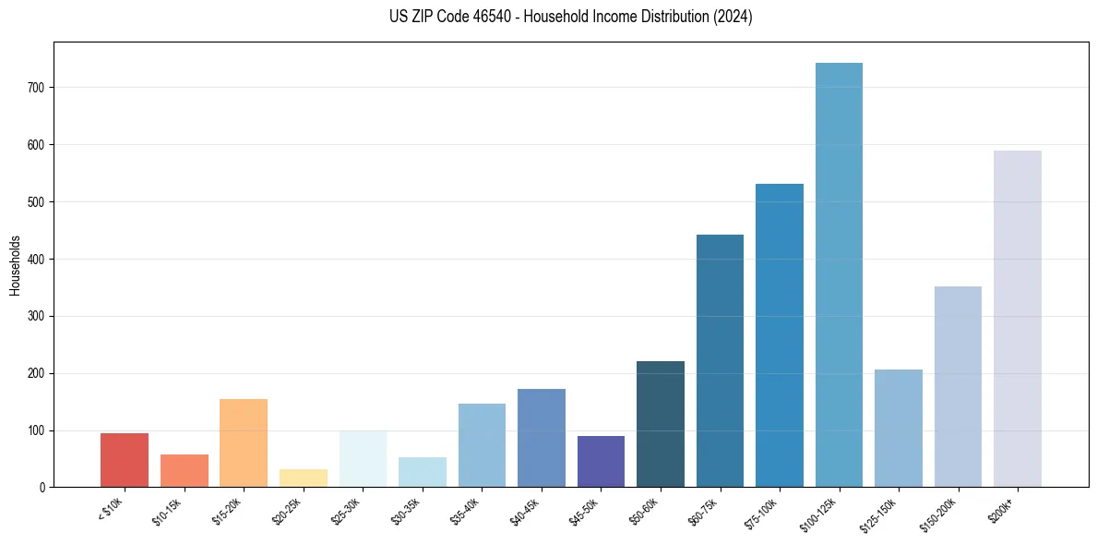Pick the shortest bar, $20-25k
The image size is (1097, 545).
304,478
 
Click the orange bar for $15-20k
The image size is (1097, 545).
244,442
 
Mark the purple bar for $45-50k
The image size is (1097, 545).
601,461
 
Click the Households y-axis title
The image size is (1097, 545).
15,265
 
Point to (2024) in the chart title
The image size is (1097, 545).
734,17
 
